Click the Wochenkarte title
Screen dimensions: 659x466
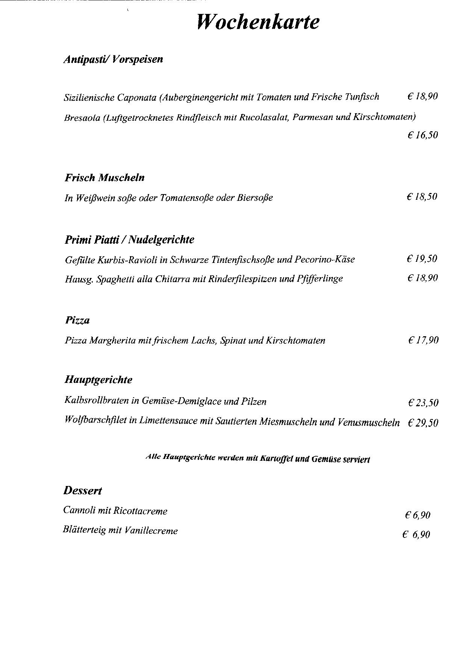tap(258, 22)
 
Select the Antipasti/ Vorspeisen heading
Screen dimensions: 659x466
tap(113, 59)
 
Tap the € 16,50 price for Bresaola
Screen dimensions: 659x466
tap(423, 135)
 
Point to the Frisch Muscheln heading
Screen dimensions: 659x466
tap(104, 178)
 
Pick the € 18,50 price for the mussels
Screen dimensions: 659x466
tap(422, 197)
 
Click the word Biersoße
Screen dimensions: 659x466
tap(255, 198)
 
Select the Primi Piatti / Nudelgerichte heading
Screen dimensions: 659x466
tap(129, 240)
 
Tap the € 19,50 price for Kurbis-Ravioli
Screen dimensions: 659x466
tap(422, 259)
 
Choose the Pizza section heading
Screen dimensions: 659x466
tap(77, 320)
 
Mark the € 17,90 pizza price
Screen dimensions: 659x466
tap(423, 340)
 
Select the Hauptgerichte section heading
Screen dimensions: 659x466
tap(98, 380)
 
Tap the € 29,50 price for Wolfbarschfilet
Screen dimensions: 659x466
tap(423, 423)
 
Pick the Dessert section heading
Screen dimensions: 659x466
tap(83, 491)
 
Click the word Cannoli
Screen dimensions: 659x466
tap(79, 510)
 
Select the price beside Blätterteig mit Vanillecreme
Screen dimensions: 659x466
tap(416, 534)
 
